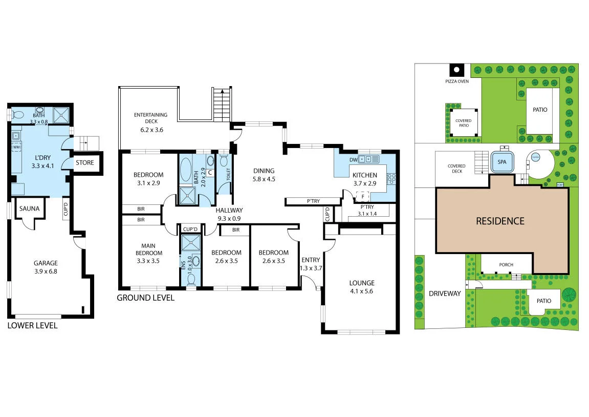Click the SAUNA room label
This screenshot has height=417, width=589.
click(29, 209)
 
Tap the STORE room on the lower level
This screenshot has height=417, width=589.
click(85, 163)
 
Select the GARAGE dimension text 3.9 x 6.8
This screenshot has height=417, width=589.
click(46, 272)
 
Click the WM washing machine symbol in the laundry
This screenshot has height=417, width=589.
click(16, 148)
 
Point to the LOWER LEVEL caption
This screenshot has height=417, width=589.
click(32, 325)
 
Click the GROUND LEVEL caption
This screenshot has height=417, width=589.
click(145, 298)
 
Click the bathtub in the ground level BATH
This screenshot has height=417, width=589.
click(185, 169)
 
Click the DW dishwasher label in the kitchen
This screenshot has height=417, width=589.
click(353, 160)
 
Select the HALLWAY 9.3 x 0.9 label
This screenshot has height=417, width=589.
click(229, 214)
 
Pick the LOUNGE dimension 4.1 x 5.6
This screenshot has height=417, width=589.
click(362, 291)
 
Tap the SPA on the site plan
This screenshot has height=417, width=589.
click(501, 161)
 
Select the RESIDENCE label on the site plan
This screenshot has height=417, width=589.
click(500, 221)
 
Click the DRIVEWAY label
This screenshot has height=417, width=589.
click(445, 294)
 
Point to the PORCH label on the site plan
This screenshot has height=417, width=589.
click(506, 265)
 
